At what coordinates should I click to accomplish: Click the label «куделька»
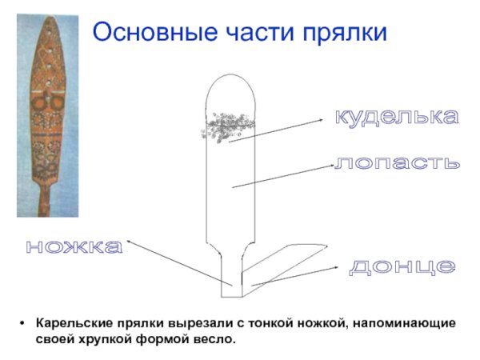[397, 118]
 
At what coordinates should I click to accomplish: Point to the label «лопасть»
[398, 162]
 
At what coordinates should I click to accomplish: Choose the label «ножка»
[74, 247]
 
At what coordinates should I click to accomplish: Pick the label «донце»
[402, 266]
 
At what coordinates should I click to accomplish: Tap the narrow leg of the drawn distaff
[232, 268]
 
